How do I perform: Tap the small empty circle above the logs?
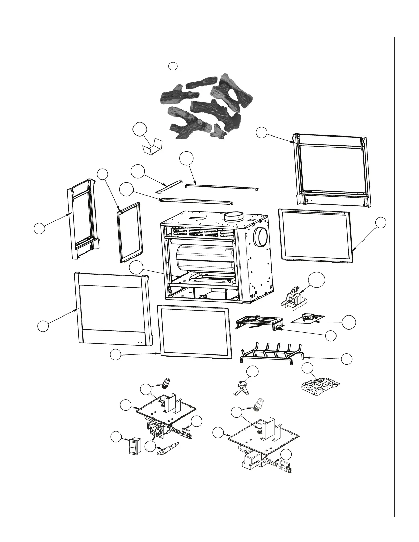(x=174, y=66)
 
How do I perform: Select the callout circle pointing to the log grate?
(x=347, y=359)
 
